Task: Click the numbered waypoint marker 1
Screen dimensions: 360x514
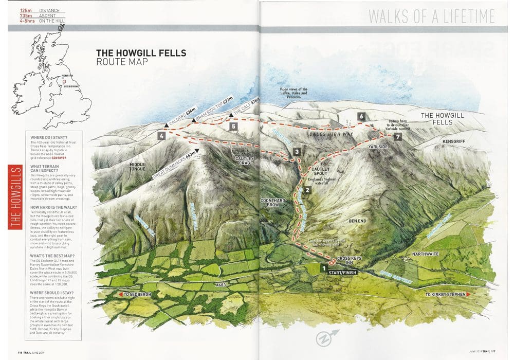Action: point(324,268)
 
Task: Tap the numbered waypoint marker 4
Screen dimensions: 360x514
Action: point(162,136)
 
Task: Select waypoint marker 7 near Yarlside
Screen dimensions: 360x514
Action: point(397,137)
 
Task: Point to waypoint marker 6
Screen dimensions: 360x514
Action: point(361,117)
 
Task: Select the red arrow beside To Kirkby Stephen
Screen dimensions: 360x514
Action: point(468,295)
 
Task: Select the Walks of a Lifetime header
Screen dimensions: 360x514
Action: point(432,16)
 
